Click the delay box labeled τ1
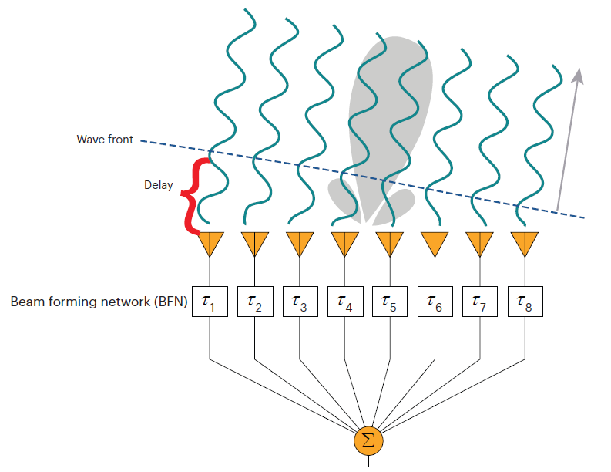[x=210, y=303]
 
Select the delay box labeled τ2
[x=254, y=303]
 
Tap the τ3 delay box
[x=299, y=303]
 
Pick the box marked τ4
[x=344, y=303]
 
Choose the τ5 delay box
[x=389, y=303]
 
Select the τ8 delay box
[x=525, y=303]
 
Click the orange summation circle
[x=368, y=440]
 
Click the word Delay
[x=159, y=185]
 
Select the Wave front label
[x=105, y=140]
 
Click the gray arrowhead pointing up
[x=578, y=75]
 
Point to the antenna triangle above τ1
[x=210, y=244]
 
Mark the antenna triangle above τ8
[x=525, y=244]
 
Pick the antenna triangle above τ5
[x=389, y=244]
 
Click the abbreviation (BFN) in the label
[x=171, y=302]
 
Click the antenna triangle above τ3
[x=299, y=244]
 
